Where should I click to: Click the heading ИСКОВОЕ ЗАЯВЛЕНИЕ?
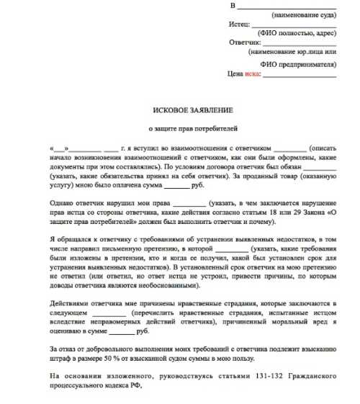[193, 109]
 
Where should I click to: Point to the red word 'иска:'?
[253, 73]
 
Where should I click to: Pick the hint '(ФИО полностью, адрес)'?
[297, 33]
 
